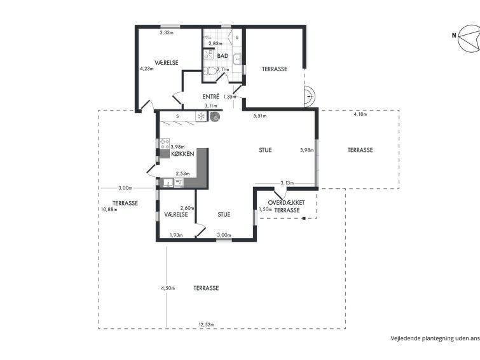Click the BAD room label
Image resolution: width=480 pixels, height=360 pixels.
coord(223,56)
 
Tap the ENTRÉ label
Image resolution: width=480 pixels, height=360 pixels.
coord(211,97)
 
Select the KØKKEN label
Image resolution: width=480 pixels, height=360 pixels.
coord(182,154)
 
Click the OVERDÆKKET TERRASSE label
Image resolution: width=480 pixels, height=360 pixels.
coord(286,207)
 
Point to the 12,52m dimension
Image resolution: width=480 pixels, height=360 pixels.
coord(207,325)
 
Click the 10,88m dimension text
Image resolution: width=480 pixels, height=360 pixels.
coord(109,209)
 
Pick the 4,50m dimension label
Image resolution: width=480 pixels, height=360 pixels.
coord(168,288)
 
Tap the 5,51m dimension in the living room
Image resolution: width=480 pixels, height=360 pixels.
coord(260,116)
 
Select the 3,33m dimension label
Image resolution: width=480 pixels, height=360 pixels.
coord(167,32)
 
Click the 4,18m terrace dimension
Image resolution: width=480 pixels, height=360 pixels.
coord(360,114)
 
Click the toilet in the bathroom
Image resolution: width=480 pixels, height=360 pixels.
coord(210,71)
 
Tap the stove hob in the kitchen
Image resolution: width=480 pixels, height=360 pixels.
coord(165,144)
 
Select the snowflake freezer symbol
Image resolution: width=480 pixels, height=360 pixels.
coord(201,116)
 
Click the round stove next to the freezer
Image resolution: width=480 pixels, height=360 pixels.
coord(215,116)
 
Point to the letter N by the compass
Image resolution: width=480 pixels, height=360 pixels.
coord(454,36)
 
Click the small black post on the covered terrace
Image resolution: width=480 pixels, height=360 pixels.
coord(304,218)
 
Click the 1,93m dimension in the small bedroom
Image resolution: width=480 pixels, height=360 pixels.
coord(176,235)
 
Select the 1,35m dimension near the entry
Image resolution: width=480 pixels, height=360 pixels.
coord(230,97)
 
